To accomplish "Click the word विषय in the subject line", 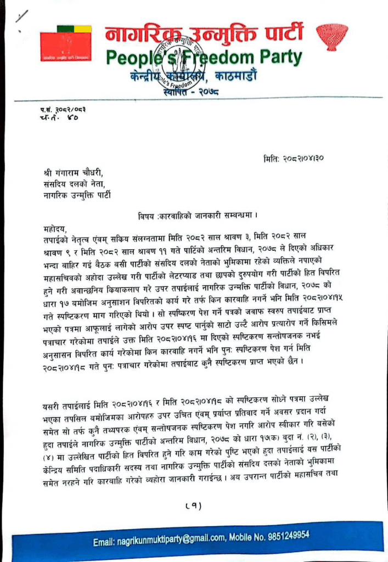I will tap(148, 213).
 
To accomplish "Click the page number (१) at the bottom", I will tap(193, 505).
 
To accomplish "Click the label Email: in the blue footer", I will tap(103, 542).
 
